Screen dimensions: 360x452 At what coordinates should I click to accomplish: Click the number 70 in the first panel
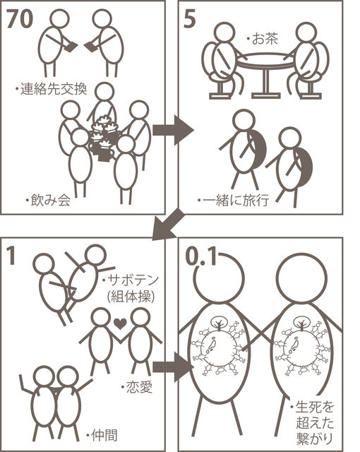point(20,19)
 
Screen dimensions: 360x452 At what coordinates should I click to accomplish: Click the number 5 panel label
point(189,19)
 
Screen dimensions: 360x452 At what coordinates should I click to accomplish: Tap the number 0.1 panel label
point(200,256)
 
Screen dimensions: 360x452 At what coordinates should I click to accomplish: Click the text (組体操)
point(131,297)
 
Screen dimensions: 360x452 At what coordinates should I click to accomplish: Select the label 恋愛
point(139,388)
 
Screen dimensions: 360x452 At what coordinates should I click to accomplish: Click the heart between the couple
point(120,323)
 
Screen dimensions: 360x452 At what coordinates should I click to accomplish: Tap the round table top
point(266,61)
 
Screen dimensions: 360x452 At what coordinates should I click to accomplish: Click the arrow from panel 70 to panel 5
point(172,130)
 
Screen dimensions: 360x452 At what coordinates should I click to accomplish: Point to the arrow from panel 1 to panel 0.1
point(172,367)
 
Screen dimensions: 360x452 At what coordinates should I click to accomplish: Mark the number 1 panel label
point(11,256)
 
